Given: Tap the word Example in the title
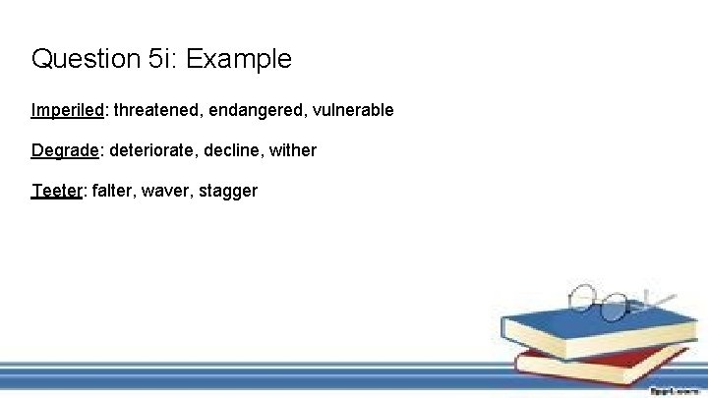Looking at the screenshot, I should click(239, 60).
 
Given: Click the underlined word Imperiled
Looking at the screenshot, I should click(68, 110).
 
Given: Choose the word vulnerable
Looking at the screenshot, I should click(353, 110).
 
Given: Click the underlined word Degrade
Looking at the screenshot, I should click(65, 150).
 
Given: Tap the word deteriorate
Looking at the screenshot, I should click(151, 150).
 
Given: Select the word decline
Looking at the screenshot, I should click(235, 150).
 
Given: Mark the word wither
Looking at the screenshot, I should click(293, 150).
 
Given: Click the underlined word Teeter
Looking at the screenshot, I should click(58, 191).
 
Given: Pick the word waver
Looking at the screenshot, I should click(164, 191).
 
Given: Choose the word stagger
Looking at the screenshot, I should click(228, 191).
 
